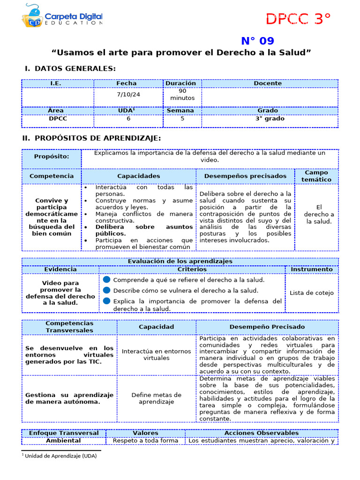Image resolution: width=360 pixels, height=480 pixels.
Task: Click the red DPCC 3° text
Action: [298, 19]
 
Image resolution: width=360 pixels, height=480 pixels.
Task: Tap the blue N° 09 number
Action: [257, 41]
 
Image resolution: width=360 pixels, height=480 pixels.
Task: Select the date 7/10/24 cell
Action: [128, 94]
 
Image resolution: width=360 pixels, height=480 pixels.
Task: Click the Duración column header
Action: [180, 83]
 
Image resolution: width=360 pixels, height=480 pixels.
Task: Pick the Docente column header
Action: [268, 83]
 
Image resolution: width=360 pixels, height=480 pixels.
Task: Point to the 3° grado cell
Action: [270, 119]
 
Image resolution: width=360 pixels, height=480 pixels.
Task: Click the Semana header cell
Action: [180, 111]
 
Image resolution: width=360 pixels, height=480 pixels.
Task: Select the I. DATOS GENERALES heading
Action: [70, 68]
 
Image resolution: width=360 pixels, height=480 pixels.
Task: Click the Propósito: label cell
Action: [52, 157]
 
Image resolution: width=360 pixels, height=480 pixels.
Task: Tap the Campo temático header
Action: [316, 176]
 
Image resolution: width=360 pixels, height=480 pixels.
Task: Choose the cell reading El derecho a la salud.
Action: [319, 214]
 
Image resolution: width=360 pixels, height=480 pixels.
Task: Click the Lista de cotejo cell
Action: [312, 293]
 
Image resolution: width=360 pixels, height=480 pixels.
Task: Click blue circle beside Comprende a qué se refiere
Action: [107, 280]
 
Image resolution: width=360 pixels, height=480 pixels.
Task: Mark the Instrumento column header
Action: [312, 270]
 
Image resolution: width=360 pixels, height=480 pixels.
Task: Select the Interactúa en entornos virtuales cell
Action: [156, 354]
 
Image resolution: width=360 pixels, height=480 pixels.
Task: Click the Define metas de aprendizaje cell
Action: [156, 398]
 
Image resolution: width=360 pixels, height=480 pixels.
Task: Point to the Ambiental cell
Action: [63, 441]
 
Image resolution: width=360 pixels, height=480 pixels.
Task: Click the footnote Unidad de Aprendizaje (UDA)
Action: [60, 456]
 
